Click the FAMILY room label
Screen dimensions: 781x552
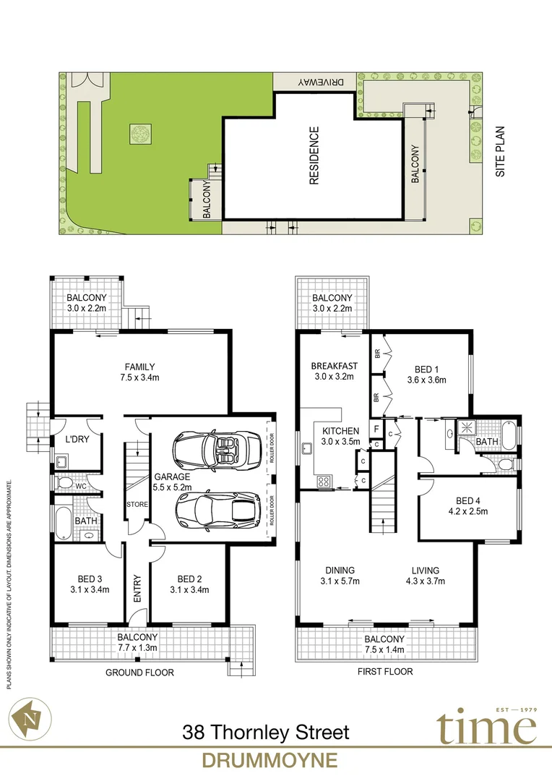(x=139, y=372)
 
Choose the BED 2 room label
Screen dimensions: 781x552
(x=189, y=584)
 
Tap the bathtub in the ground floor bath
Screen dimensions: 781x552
(x=63, y=522)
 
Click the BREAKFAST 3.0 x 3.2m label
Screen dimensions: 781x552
(x=333, y=371)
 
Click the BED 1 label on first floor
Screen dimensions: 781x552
(x=426, y=374)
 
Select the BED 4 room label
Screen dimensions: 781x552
(x=468, y=506)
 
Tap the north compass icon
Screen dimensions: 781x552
(x=30, y=717)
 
